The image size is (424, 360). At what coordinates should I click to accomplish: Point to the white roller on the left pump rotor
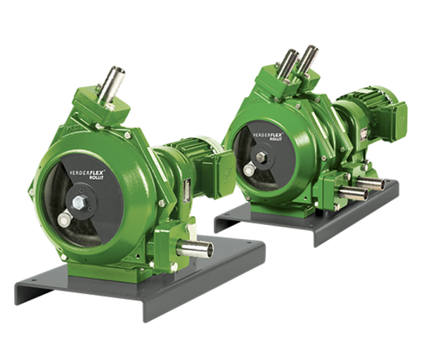pos(64,220)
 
